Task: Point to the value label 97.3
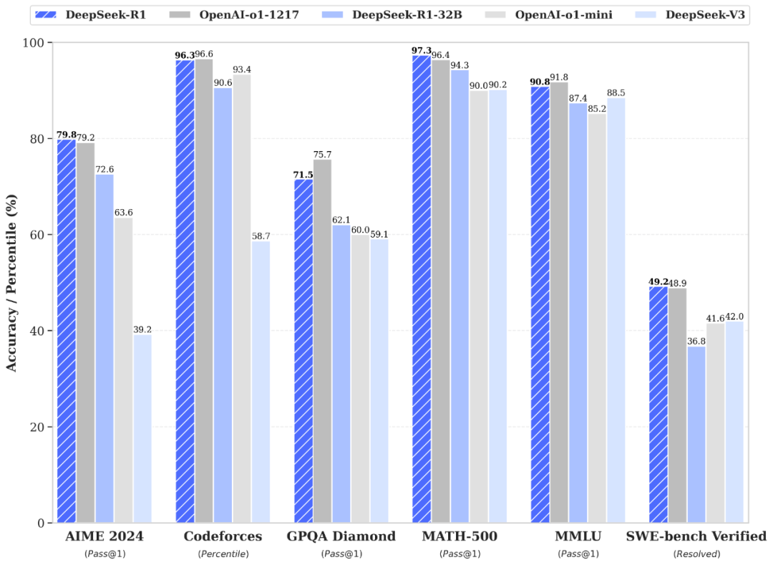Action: [422, 50]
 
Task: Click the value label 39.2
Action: [142, 329]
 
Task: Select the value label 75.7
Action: [323, 154]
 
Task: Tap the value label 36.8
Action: [696, 341]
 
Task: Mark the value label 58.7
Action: [261, 236]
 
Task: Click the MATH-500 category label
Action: [459, 536]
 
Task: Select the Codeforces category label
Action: [223, 536]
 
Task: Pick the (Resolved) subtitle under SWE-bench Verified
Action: [696, 554]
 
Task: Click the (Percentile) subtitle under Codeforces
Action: [223, 554]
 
